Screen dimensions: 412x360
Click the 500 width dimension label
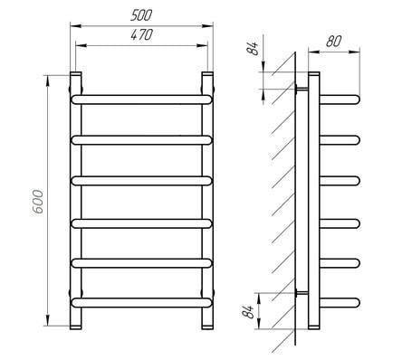141,15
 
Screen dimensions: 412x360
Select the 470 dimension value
142,34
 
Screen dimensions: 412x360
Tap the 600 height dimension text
38,202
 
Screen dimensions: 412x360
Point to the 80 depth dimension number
333,42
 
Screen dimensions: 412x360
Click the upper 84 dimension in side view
253,49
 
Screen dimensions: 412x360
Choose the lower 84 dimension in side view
249,311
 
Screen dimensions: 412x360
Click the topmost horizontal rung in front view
141,99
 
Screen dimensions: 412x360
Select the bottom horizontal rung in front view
141,303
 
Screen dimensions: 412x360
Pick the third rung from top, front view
141,181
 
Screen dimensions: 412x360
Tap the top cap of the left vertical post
76,73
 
